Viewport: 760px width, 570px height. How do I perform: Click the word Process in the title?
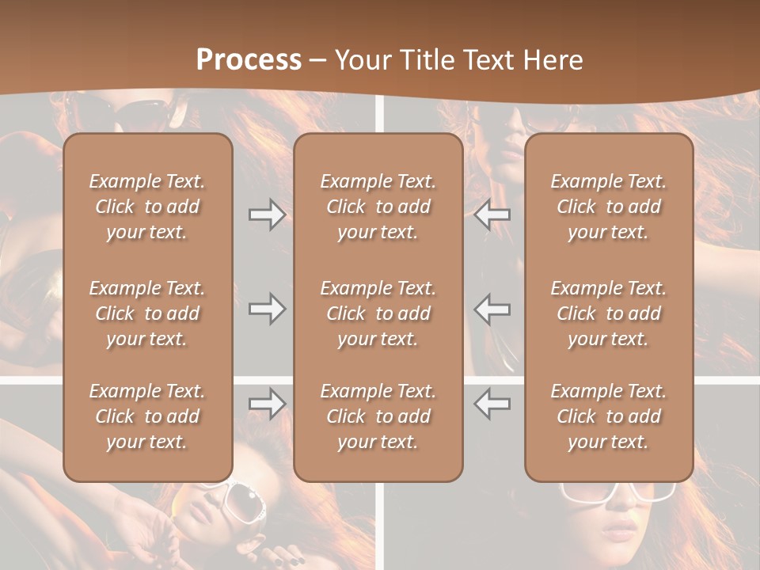[249, 59]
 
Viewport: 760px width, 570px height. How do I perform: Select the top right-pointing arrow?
[267, 215]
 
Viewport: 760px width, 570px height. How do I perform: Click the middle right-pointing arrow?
[267, 309]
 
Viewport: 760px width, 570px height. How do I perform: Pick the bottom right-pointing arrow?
[267, 404]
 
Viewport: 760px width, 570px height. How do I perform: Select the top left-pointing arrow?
[492, 215]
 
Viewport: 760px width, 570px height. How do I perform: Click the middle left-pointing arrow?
[492, 309]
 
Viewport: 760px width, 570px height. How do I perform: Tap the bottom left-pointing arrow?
[492, 404]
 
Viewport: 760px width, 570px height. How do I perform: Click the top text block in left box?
[147, 207]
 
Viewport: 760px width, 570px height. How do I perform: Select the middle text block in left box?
[147, 313]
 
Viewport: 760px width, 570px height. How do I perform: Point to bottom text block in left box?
[147, 416]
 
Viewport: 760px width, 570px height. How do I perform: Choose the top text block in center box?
[378, 207]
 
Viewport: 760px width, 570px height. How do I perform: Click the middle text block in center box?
[378, 313]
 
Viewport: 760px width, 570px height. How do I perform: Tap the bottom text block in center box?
[378, 416]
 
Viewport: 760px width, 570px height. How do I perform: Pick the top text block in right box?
[608, 207]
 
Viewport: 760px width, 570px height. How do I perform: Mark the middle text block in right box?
[608, 313]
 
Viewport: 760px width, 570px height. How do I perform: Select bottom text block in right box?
[608, 416]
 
